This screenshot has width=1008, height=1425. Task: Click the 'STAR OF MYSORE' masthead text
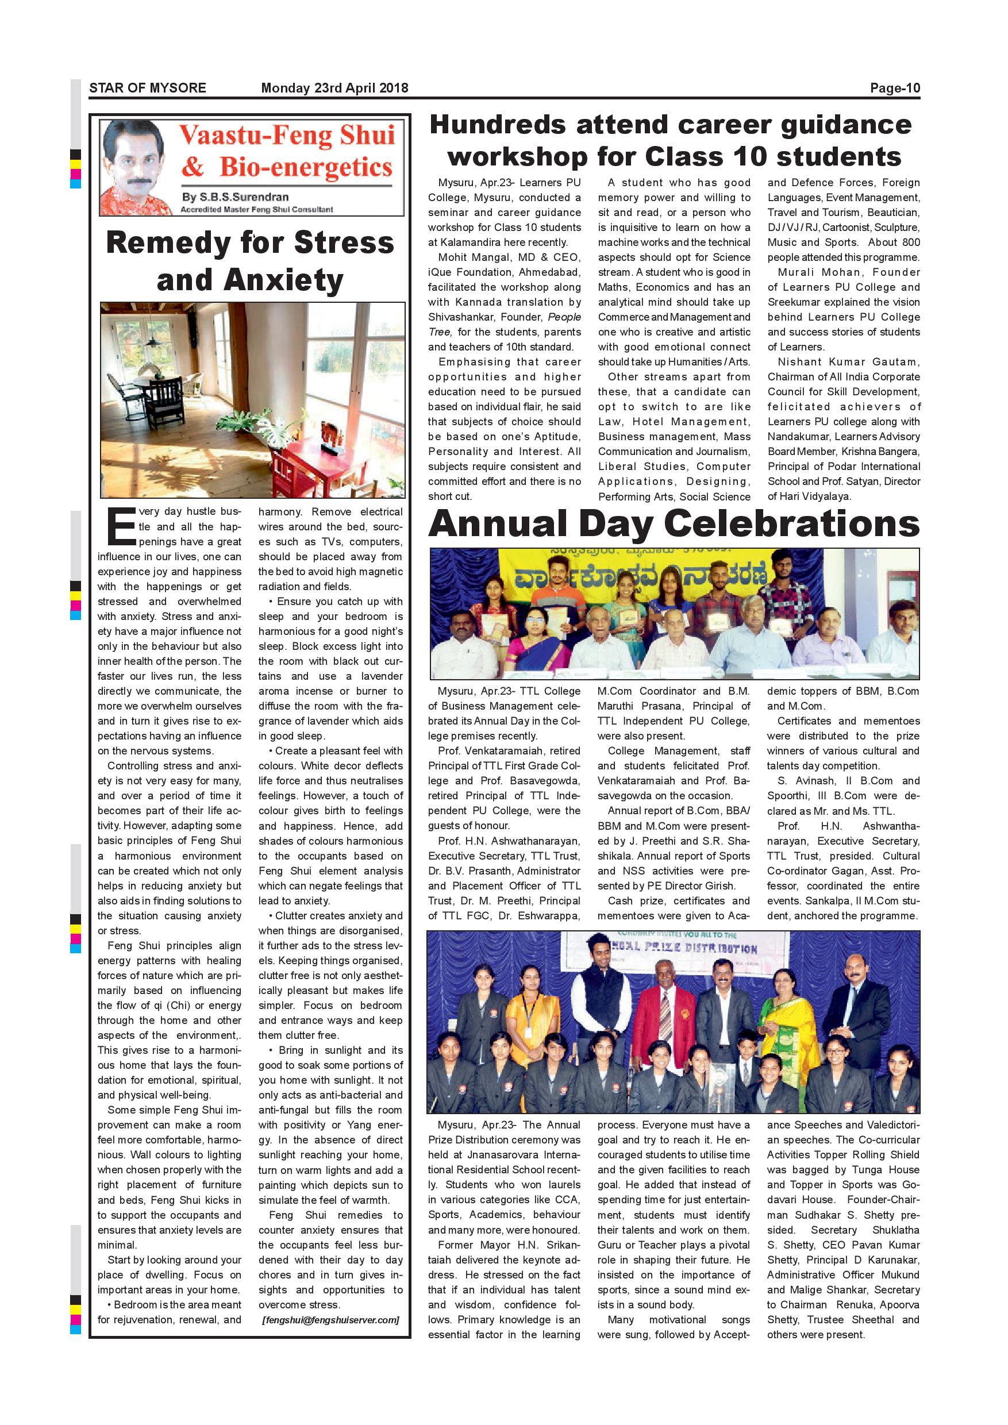(x=147, y=88)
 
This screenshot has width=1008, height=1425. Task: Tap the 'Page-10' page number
(x=894, y=88)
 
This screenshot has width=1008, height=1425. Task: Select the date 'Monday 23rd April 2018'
(x=334, y=88)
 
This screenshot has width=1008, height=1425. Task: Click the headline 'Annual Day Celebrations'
(x=674, y=523)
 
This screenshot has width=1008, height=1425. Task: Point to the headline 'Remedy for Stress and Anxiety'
(x=250, y=261)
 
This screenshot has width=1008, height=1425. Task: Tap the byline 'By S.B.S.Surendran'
(x=235, y=197)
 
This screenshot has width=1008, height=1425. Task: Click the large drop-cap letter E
(x=121, y=526)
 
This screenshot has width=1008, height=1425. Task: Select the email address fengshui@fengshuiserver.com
(x=330, y=1320)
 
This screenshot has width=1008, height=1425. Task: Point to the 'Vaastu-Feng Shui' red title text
(x=287, y=135)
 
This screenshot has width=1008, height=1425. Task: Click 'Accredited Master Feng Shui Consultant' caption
(x=256, y=210)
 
